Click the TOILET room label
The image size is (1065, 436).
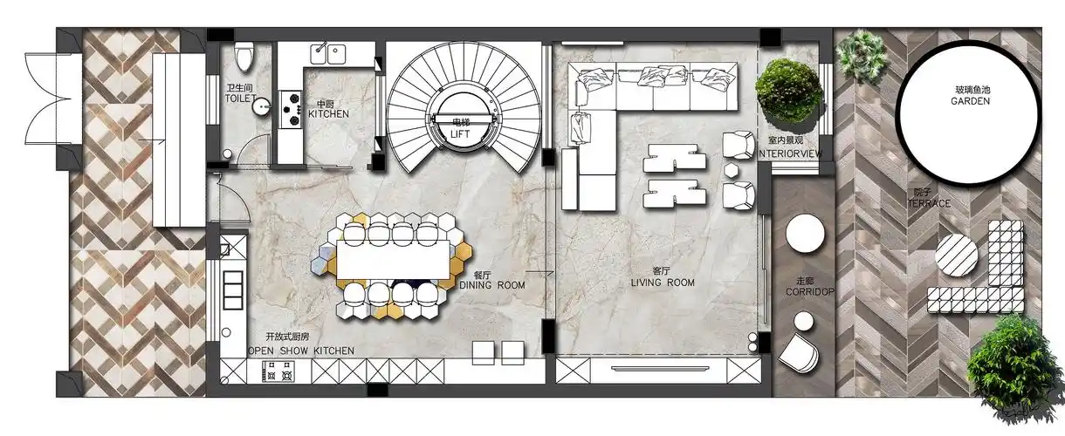241,99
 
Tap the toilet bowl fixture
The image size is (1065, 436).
244,57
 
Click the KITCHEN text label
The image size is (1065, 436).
328,114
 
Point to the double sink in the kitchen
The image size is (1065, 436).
328,54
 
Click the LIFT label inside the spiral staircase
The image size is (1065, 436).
460,134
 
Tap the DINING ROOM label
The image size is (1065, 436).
492,285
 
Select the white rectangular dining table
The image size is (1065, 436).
393,260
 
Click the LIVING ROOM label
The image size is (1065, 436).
663,283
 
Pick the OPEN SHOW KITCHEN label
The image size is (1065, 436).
301,351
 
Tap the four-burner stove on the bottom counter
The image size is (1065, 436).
278,371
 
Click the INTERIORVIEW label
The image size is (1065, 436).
790,153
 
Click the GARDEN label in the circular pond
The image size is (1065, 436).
971,101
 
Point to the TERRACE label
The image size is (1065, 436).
929,203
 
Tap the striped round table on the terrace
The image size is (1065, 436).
957,255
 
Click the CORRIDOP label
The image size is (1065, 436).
810,291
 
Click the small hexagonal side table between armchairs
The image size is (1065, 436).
732,170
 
